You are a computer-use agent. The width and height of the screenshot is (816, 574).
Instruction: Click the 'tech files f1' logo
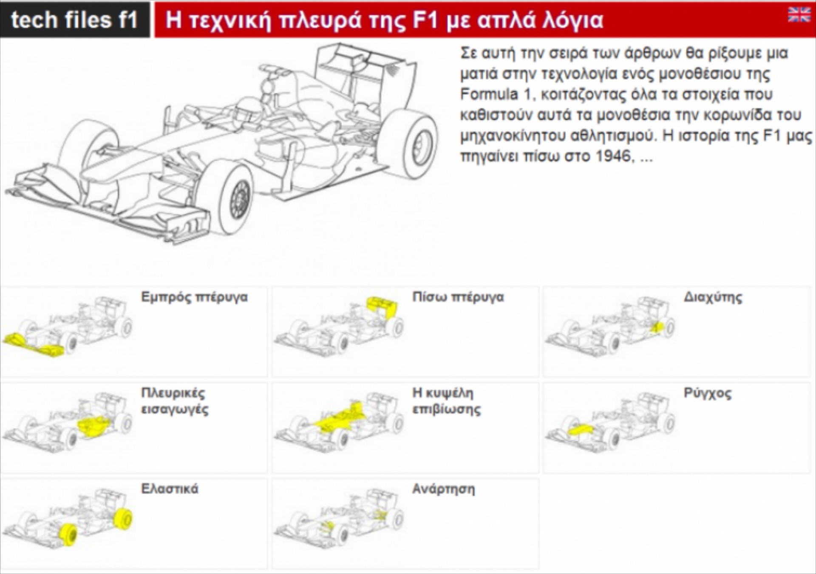click(74, 20)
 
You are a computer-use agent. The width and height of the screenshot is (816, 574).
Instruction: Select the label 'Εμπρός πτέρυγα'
click(194, 297)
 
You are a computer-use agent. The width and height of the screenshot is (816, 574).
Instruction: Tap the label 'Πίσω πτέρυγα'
click(458, 297)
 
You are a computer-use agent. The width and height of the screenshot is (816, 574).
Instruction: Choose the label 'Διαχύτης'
click(713, 297)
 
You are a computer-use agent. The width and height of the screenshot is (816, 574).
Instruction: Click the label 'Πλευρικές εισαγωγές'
click(174, 401)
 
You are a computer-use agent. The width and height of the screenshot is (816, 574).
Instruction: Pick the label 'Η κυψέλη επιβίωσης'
click(446, 401)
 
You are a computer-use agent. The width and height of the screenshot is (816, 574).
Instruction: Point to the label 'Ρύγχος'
click(707, 393)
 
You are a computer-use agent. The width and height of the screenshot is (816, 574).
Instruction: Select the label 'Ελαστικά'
click(170, 489)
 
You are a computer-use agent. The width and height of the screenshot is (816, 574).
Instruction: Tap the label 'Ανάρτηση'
click(443, 489)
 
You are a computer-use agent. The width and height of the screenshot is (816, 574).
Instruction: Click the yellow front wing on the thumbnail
click(34, 345)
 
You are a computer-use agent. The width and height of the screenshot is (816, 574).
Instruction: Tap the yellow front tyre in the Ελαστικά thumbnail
click(68, 535)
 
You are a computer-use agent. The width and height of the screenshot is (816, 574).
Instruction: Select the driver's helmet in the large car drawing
click(249, 111)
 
